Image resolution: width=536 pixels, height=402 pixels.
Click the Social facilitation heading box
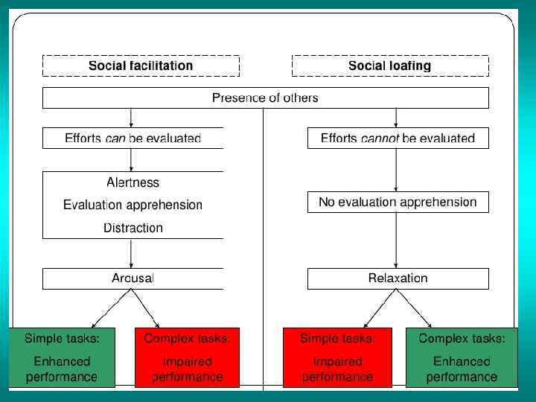pos(140,66)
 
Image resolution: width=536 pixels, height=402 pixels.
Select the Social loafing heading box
pos(389,66)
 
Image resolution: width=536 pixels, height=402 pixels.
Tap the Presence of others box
pos(265,98)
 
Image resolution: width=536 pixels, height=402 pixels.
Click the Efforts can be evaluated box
pos(133,138)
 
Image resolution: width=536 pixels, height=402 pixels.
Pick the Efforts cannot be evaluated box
pos(398,138)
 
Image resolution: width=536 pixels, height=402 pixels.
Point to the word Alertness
pos(133,182)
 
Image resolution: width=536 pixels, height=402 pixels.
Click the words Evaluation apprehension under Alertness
pos(133,205)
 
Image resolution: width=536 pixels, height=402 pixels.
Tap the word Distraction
pos(133,228)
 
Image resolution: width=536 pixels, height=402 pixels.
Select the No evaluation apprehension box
pos(398,202)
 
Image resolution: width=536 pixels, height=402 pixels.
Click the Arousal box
pos(133,278)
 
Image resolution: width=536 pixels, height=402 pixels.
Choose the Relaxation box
pos(398,278)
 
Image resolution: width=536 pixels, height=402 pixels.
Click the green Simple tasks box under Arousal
pos(62,358)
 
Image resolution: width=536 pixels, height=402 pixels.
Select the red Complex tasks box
pos(187,358)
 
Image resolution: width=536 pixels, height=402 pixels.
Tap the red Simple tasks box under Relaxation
pos(336,358)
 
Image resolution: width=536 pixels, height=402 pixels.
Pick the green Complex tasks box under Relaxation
pos(462,358)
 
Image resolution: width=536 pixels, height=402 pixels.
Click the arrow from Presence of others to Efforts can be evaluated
pos(131,118)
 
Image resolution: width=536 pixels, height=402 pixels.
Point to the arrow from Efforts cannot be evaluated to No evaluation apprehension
pos(396,170)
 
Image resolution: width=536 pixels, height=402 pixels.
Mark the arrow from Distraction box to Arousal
pos(131,253)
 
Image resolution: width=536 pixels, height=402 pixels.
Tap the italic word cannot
pos(380,138)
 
